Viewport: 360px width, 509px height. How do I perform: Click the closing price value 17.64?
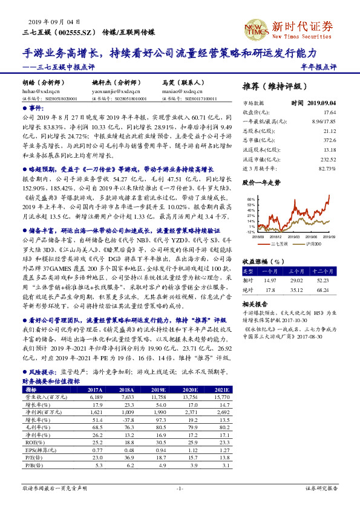329,112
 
